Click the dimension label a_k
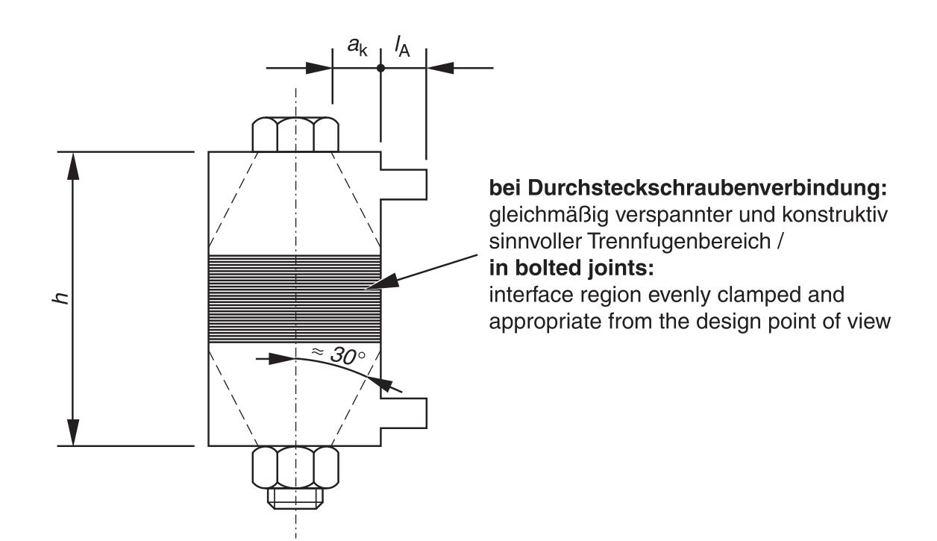pos(357,46)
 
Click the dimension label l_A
pos(402,46)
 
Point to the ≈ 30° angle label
pos(339,354)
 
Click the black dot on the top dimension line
pos(380,68)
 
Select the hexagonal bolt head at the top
pos(295,134)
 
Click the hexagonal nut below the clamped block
pos(295,467)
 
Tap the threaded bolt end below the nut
pos(295,498)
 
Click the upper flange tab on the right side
pos(404,184)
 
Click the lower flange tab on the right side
pos(404,413)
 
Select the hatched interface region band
pos(295,298)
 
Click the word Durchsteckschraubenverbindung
pos(707,188)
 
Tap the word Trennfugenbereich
pos(679,242)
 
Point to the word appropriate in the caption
pos(545,322)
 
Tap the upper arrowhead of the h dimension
pos(73,166)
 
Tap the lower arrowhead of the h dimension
pos(73,432)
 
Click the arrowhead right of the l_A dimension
pos(440,68)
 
